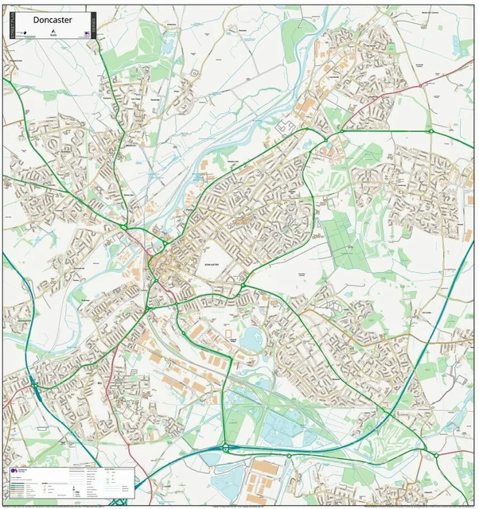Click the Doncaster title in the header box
(53, 20)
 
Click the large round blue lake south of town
(253, 340)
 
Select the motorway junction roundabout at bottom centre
(225, 448)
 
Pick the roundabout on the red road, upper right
(430, 131)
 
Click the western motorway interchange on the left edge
(34, 386)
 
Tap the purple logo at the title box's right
(84, 33)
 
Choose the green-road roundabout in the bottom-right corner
(435, 456)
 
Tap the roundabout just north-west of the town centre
(125, 227)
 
